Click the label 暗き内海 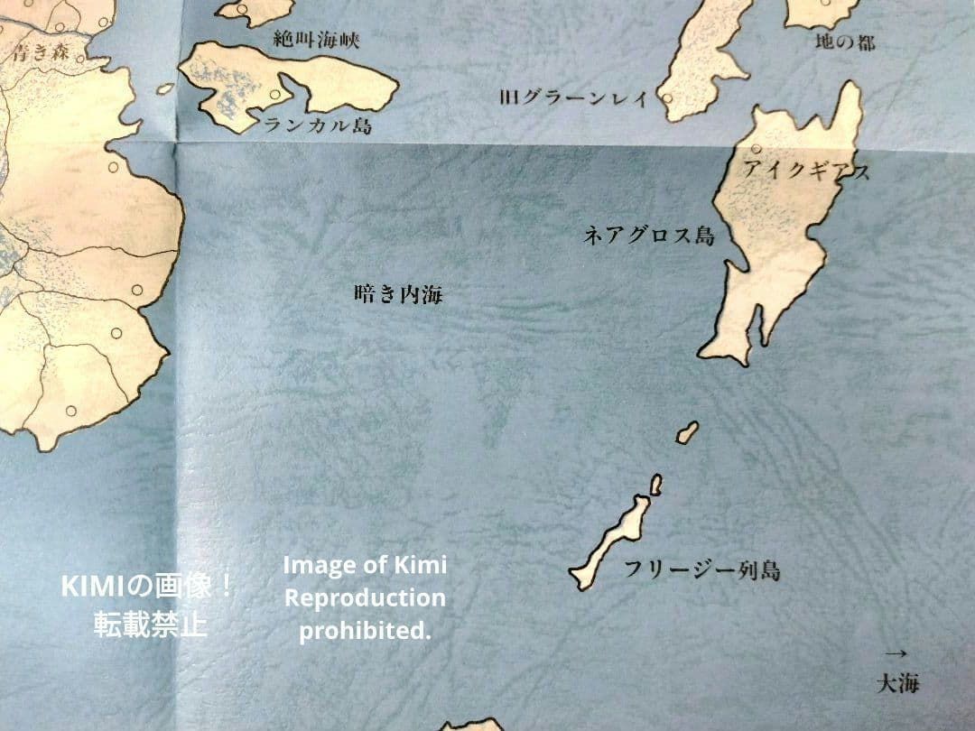click(398, 294)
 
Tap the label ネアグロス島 click(649, 236)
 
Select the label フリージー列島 click(701, 570)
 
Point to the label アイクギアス click(806, 170)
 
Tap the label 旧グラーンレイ click(573, 97)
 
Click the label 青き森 click(40, 53)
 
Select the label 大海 click(897, 683)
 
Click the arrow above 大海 click(896, 652)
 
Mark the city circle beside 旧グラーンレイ click(667, 97)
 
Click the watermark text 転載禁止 click(150, 625)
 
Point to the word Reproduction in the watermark click(365, 598)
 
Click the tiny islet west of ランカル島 click(165, 88)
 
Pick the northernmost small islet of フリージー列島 click(688, 432)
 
